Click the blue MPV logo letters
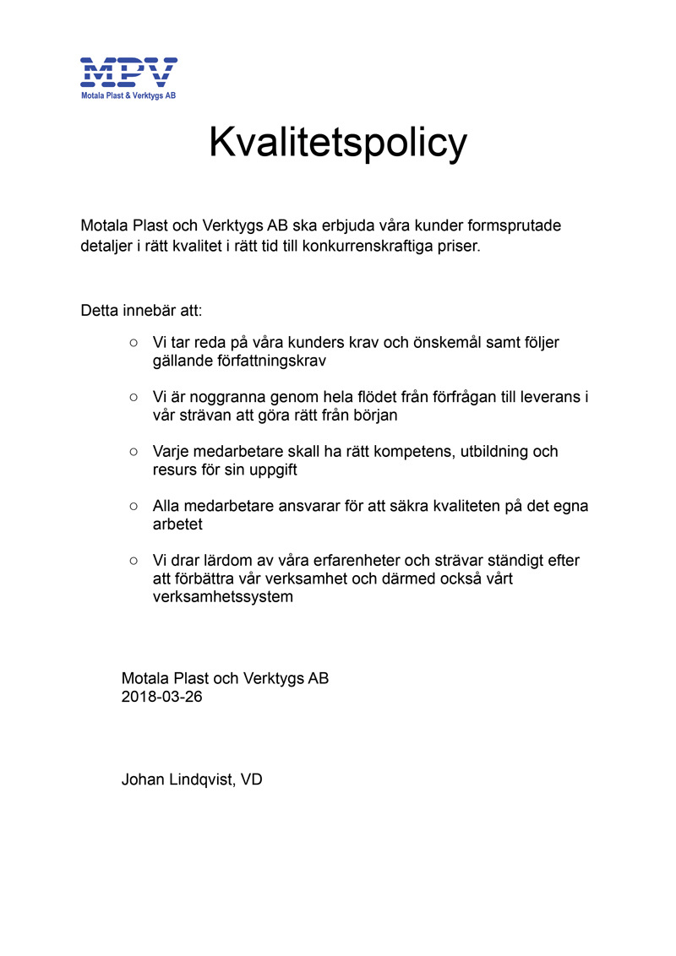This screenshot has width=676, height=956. click(128, 72)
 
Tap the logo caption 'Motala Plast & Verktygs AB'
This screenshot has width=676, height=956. click(128, 96)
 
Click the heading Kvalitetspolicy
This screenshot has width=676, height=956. click(337, 143)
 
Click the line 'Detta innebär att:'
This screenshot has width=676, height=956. click(141, 310)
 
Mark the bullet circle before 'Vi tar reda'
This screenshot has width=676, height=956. click(134, 342)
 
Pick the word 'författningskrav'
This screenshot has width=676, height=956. click(270, 361)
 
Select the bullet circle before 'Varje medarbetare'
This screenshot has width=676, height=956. click(134, 452)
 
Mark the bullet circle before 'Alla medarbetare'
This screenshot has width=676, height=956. click(134, 506)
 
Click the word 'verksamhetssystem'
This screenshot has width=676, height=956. click(223, 597)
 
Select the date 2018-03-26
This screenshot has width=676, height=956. click(162, 698)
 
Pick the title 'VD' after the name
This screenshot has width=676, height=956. click(252, 779)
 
